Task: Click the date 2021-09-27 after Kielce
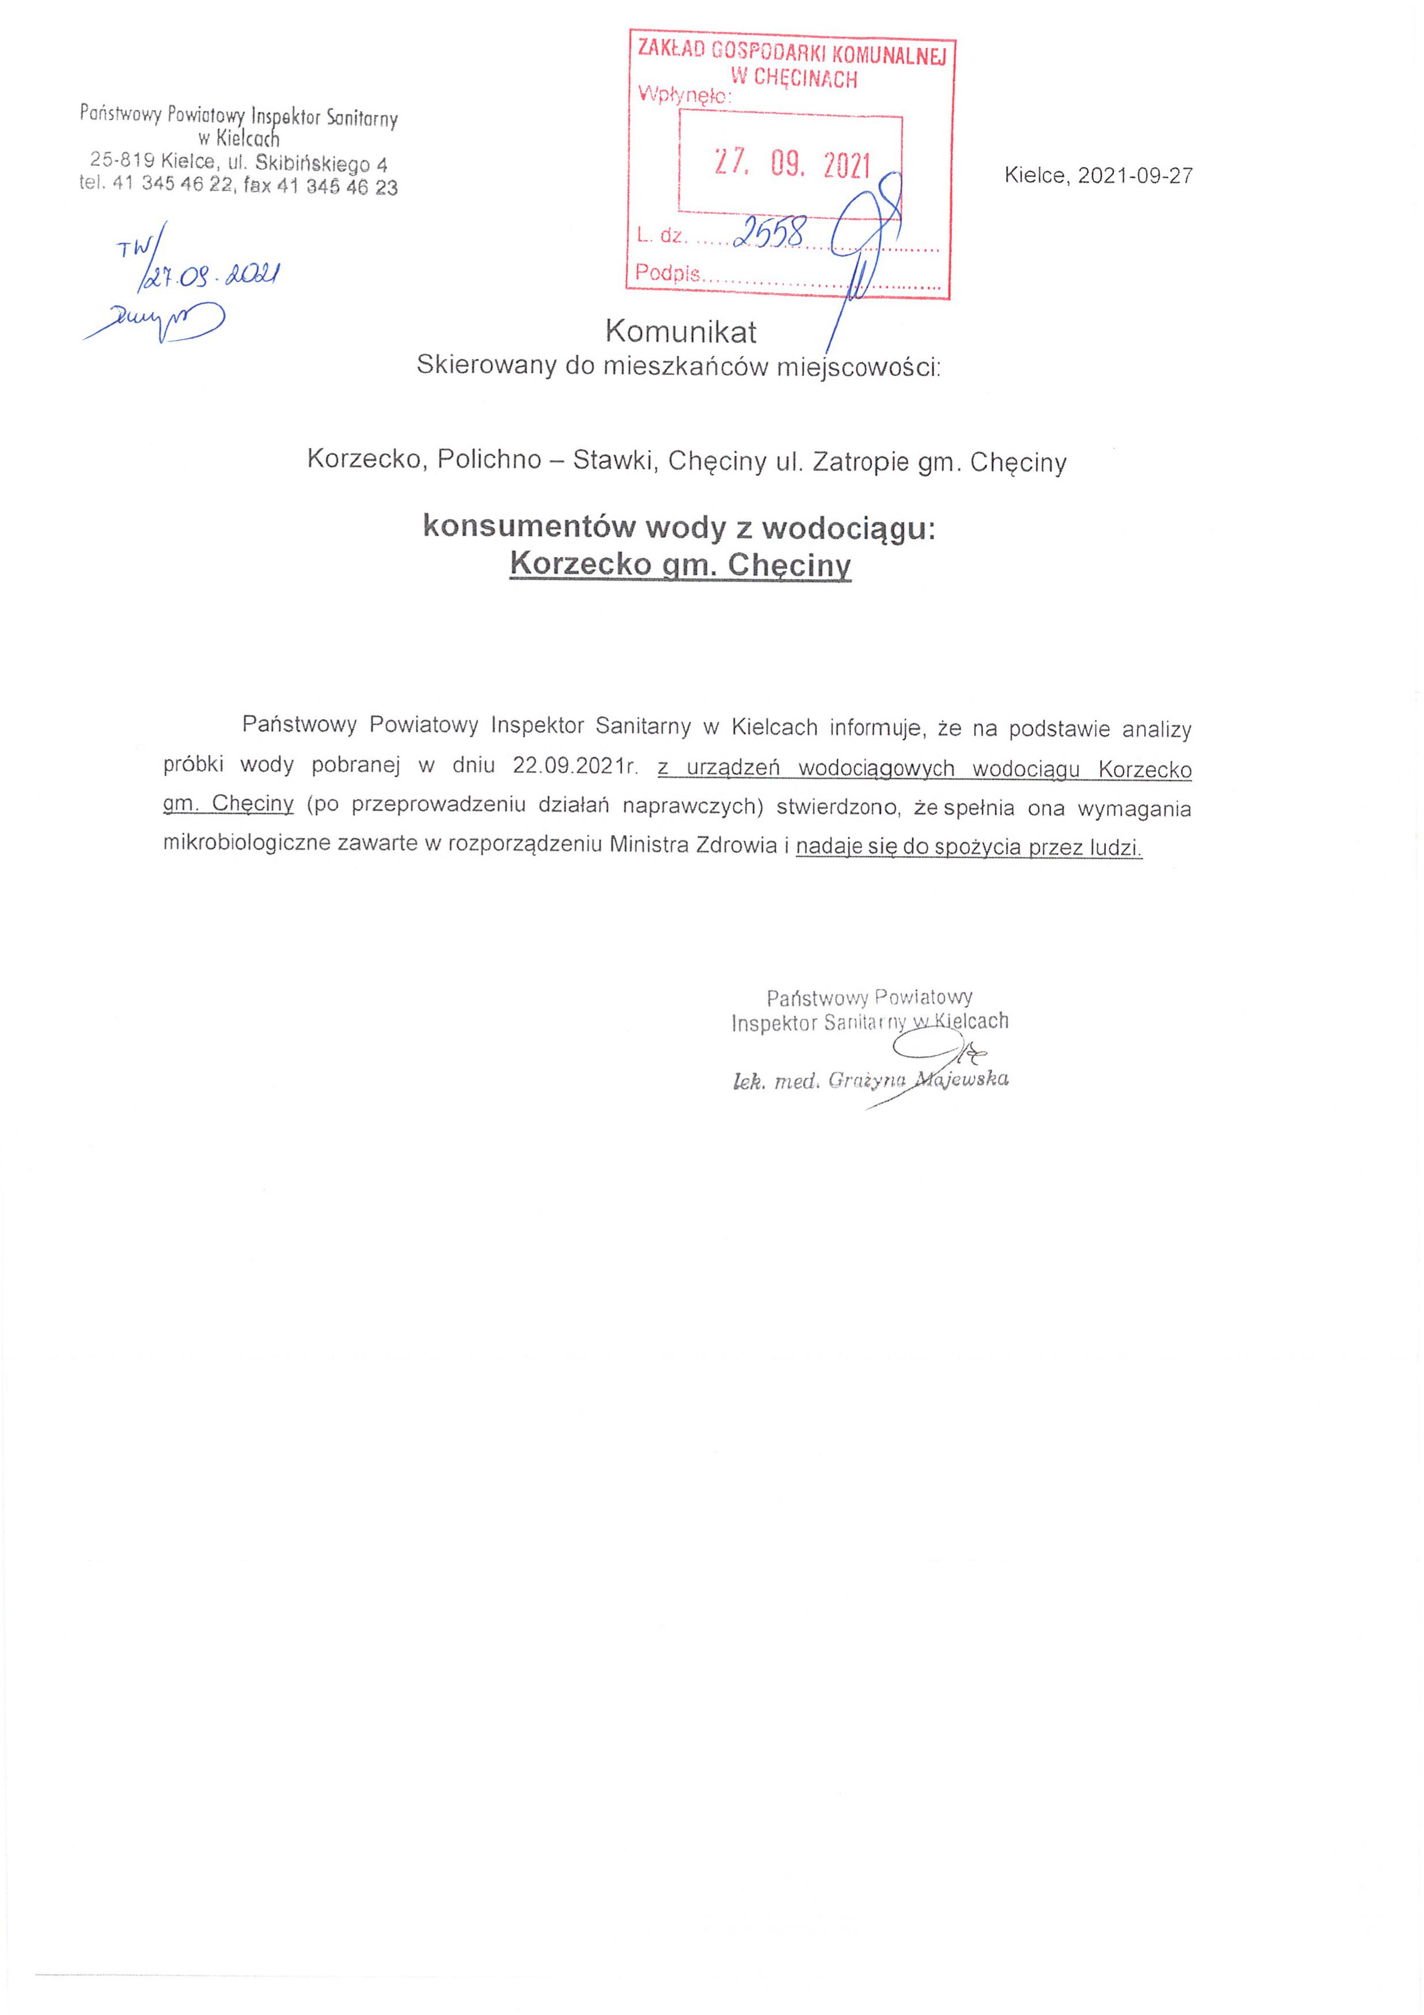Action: point(1135,176)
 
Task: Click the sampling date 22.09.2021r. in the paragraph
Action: point(575,765)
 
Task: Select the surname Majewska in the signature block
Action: point(962,1080)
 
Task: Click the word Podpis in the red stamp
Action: point(667,273)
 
